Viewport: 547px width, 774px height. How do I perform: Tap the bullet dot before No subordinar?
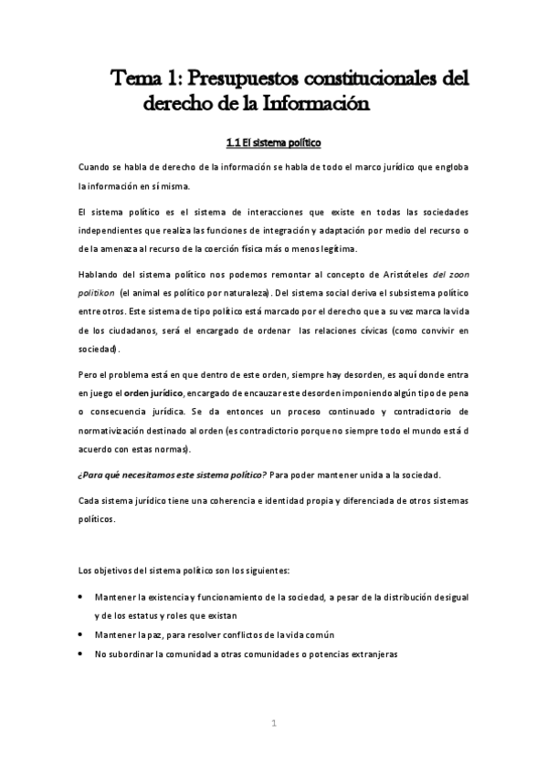click(84, 654)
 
